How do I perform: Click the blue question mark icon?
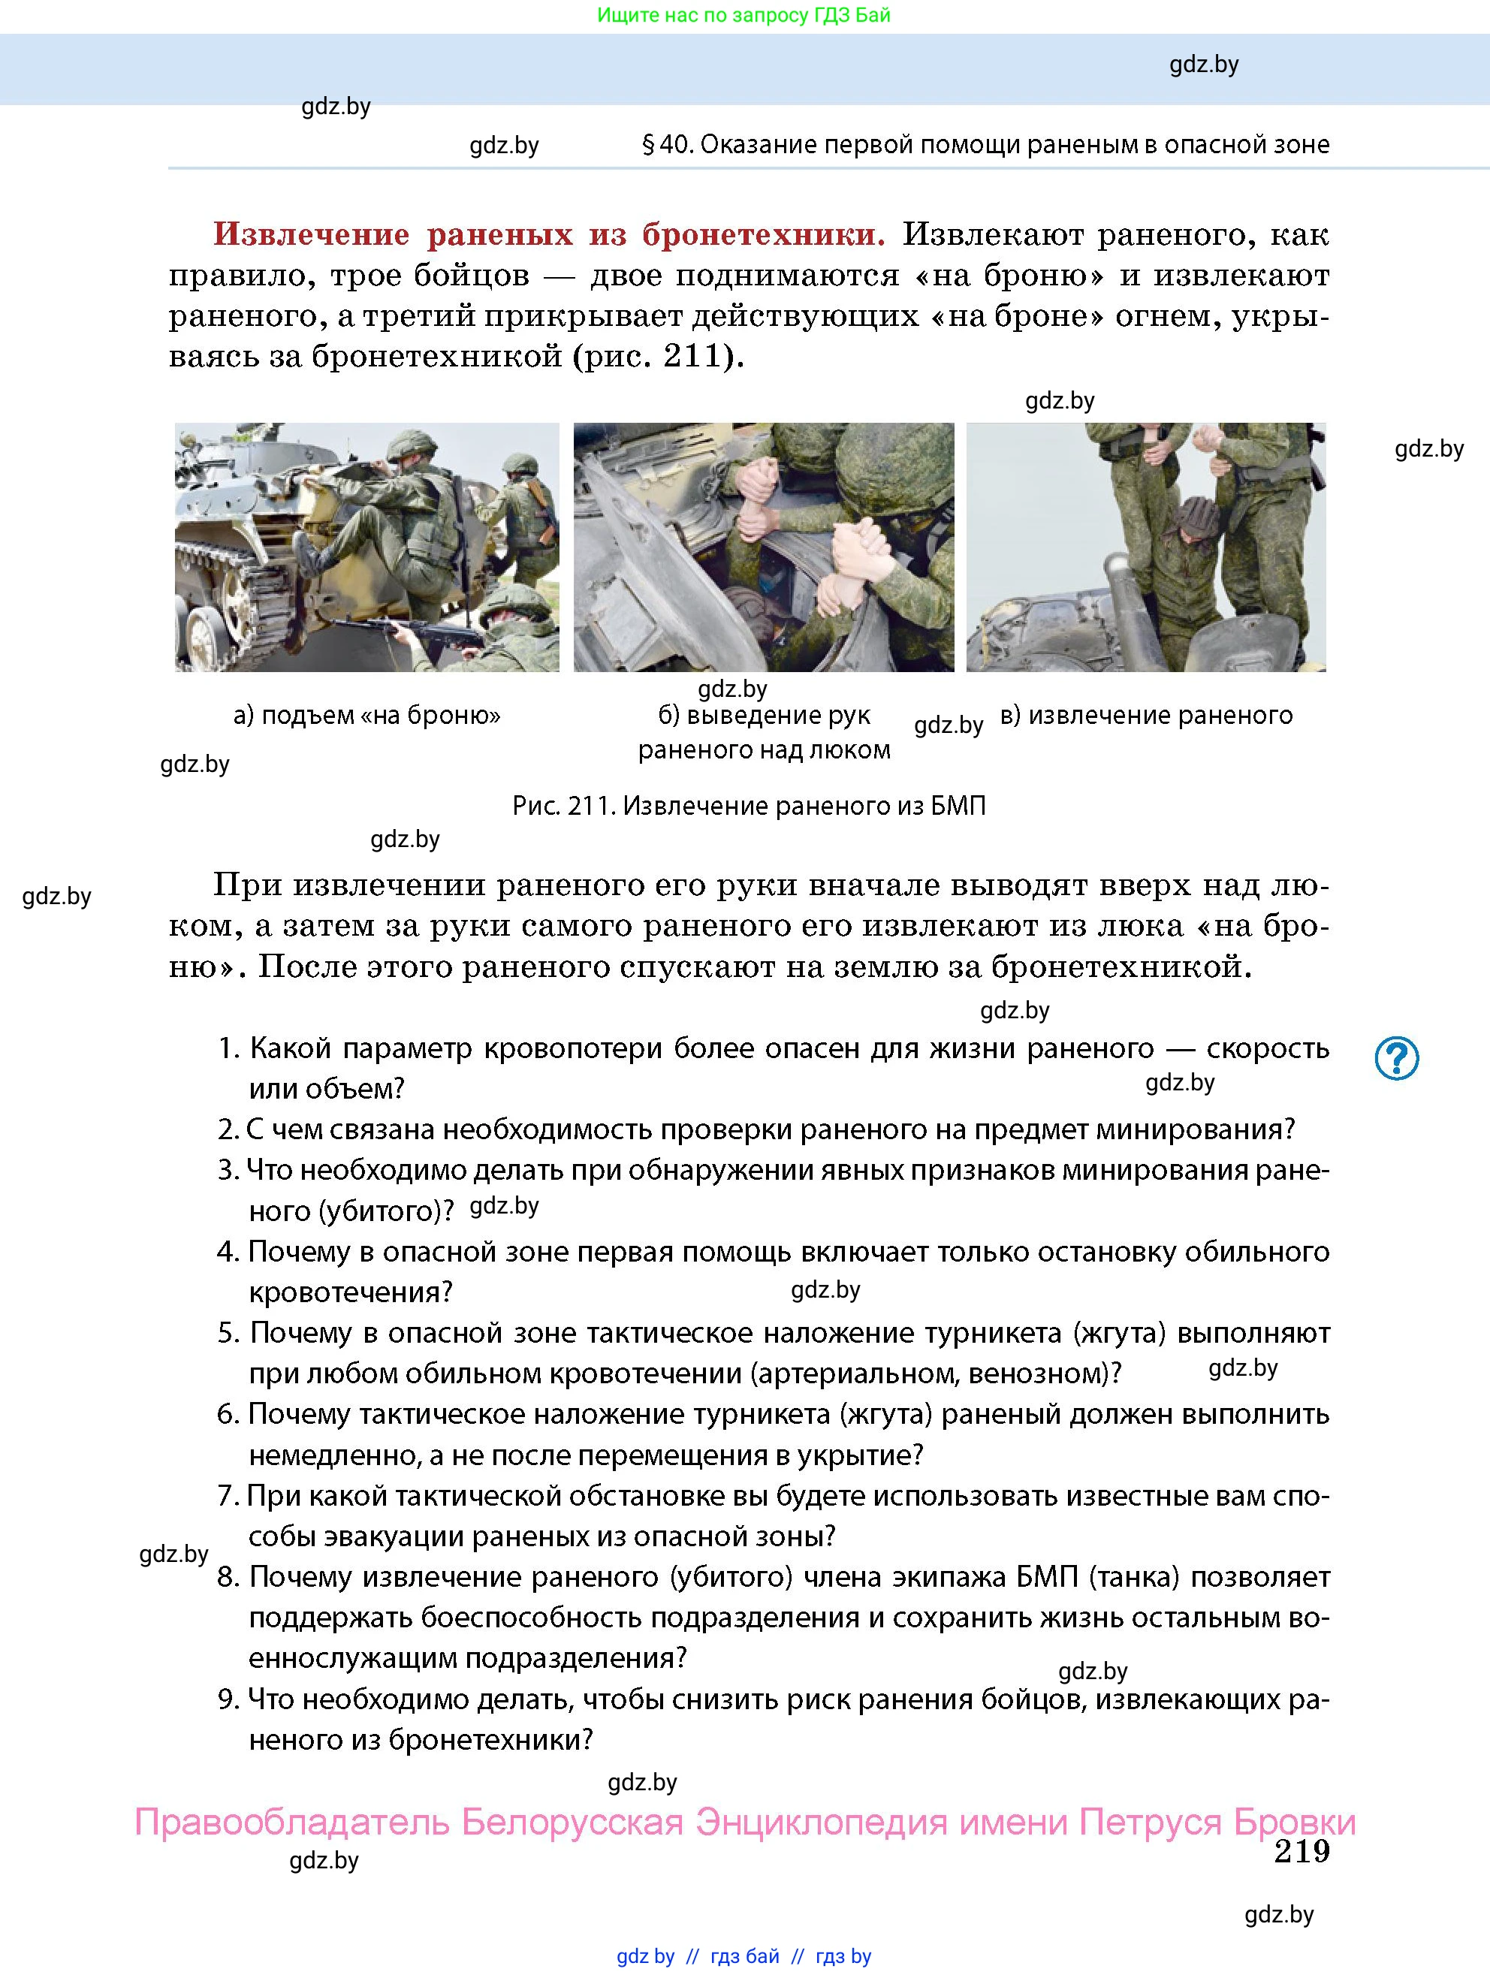click(1396, 1058)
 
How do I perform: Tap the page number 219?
click(1301, 1851)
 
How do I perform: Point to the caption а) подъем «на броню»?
click(367, 715)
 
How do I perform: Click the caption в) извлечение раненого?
click(1146, 715)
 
